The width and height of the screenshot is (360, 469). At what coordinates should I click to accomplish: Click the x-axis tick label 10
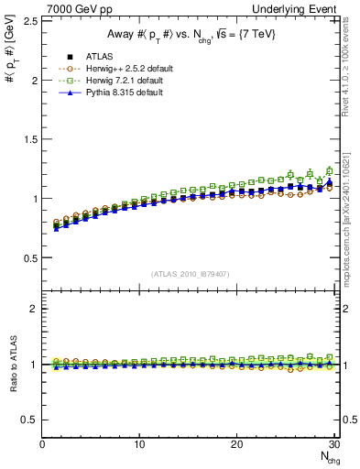click(x=139, y=444)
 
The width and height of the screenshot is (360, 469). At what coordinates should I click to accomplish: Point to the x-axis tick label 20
click(x=236, y=444)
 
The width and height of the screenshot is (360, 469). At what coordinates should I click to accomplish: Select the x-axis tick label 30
click(x=333, y=444)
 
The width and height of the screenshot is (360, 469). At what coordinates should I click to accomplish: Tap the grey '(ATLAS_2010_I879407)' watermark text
click(x=191, y=274)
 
